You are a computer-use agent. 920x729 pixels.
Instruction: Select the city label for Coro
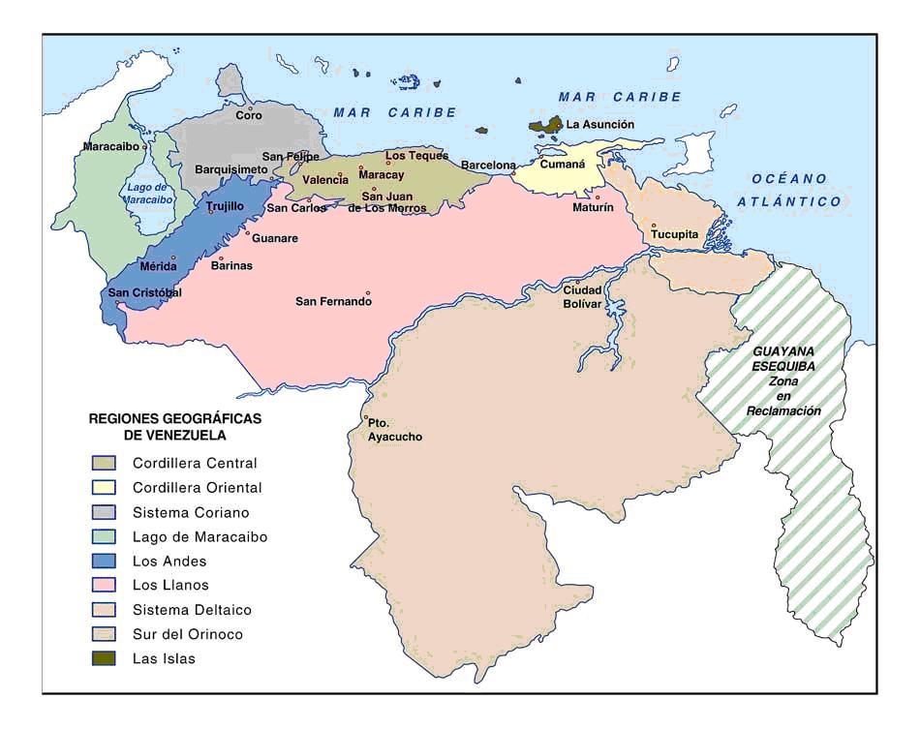249,115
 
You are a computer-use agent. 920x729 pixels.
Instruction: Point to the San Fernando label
333,301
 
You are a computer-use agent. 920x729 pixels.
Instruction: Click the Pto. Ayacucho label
394,430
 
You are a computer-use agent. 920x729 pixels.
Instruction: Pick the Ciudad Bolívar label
583,296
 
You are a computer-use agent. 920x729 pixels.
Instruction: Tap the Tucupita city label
674,234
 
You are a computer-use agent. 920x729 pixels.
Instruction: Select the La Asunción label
600,125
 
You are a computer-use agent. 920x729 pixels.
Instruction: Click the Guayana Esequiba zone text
783,381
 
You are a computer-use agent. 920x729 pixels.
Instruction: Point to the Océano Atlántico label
787,190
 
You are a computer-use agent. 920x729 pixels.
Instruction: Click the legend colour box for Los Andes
104,562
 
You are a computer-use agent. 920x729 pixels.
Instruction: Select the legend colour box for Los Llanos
104,586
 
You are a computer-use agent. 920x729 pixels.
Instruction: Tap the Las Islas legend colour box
104,659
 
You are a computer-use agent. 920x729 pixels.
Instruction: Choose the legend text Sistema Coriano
191,512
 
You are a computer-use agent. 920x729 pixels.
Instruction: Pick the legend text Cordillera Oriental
198,488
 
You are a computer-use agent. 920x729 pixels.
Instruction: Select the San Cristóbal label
144,293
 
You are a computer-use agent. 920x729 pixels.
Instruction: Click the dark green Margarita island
545,125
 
